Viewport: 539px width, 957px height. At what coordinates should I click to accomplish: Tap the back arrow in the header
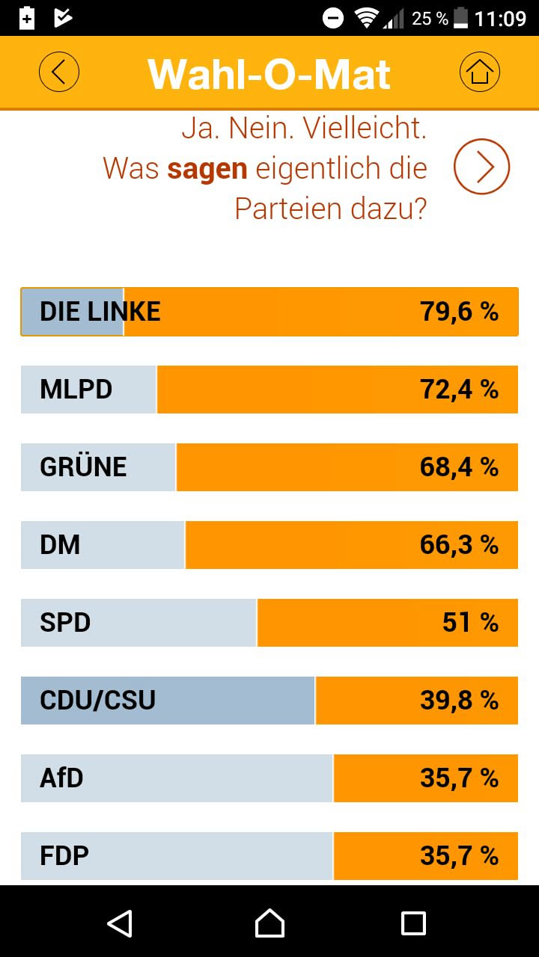59,73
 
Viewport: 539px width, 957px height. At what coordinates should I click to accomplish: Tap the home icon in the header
479,73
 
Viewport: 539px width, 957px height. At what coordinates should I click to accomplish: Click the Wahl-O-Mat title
269,73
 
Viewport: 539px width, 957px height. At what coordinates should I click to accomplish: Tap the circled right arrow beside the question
481,167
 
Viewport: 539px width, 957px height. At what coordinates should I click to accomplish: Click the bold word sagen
207,169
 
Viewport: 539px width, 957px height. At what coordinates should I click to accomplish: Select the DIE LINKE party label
100,312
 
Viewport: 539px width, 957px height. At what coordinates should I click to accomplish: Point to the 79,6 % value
459,312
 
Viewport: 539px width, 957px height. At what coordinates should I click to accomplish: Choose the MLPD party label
76,390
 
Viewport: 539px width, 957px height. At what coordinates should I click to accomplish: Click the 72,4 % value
459,390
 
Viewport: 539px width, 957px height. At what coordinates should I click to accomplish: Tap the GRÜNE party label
83,467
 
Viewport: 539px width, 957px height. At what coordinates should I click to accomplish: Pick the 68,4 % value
459,467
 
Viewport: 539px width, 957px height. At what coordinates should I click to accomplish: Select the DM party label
60,545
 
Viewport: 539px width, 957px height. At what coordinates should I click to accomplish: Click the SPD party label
65,623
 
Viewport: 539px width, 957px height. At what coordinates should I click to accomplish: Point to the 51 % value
470,623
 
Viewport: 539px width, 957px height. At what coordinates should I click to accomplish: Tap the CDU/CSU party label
97,701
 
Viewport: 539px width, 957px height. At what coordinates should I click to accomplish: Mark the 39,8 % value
459,701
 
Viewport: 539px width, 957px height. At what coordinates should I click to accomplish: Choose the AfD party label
61,778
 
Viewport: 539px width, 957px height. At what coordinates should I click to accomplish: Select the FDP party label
64,856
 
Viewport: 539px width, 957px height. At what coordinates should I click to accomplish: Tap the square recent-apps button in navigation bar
413,923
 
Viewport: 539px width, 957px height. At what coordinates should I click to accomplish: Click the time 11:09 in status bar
500,18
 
